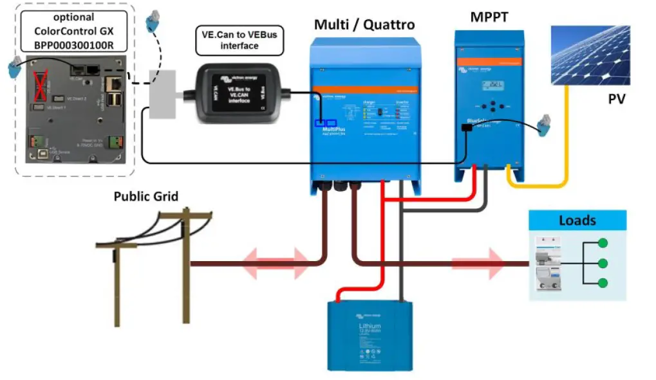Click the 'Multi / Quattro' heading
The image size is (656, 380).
(364, 24)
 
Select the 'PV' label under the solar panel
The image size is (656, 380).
(616, 100)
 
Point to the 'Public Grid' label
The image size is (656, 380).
(146, 196)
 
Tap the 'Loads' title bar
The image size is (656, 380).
(577, 221)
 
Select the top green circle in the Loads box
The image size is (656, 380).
(603, 244)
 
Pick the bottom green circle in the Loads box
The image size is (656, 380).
(603, 284)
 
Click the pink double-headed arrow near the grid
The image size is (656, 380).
(275, 263)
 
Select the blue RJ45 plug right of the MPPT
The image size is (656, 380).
(544, 126)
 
